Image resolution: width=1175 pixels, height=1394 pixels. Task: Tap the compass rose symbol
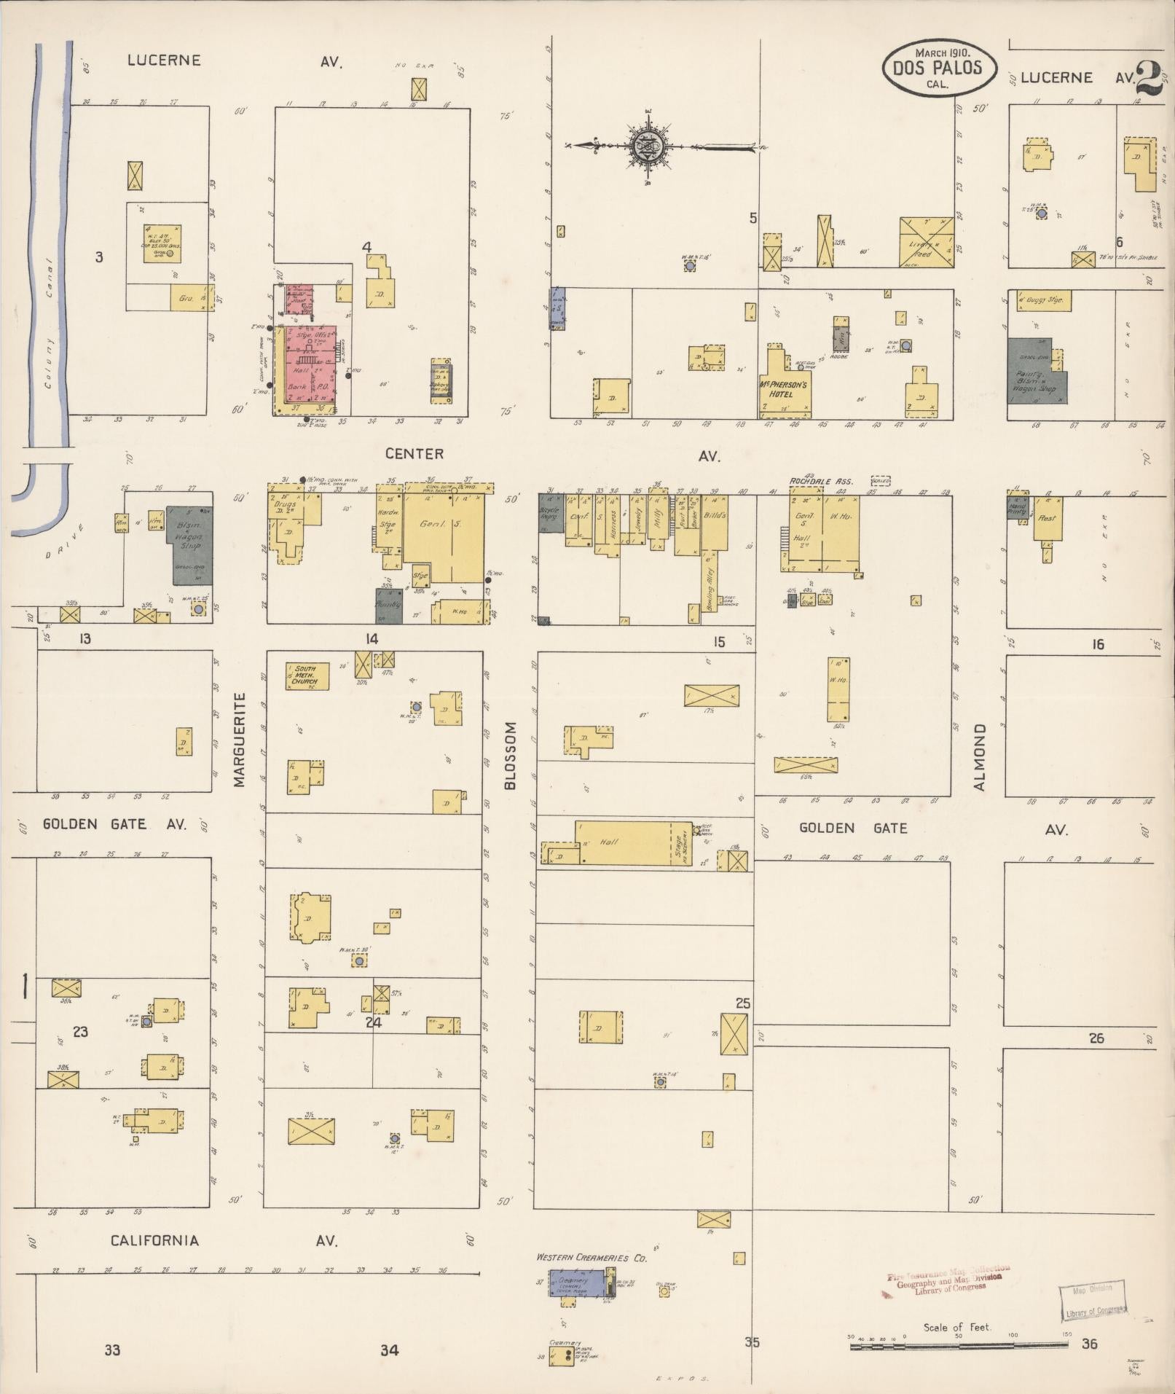[x=648, y=145]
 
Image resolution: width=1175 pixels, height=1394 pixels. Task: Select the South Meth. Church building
[x=307, y=676]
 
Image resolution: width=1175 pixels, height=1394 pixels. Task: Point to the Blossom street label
[x=510, y=755]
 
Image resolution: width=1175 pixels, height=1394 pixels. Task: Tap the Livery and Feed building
[x=926, y=243]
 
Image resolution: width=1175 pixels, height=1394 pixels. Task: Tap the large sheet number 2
[x=1149, y=80]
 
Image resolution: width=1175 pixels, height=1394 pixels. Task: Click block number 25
[x=742, y=1003]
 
